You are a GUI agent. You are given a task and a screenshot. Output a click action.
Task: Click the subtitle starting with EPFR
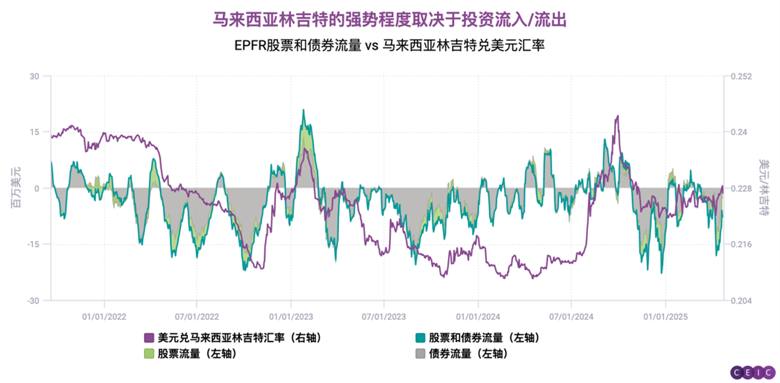coord(389,46)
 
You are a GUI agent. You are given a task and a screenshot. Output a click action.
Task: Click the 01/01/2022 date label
coord(104,317)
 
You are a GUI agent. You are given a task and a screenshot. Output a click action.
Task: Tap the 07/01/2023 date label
coord(384,317)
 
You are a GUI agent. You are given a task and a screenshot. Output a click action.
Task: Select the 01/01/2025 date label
coord(664,317)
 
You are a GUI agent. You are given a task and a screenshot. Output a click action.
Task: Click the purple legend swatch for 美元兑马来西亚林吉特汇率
coord(149,338)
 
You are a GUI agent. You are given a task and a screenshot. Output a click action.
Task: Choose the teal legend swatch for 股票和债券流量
coord(421,338)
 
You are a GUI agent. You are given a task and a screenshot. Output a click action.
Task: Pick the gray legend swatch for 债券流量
coord(421,354)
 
